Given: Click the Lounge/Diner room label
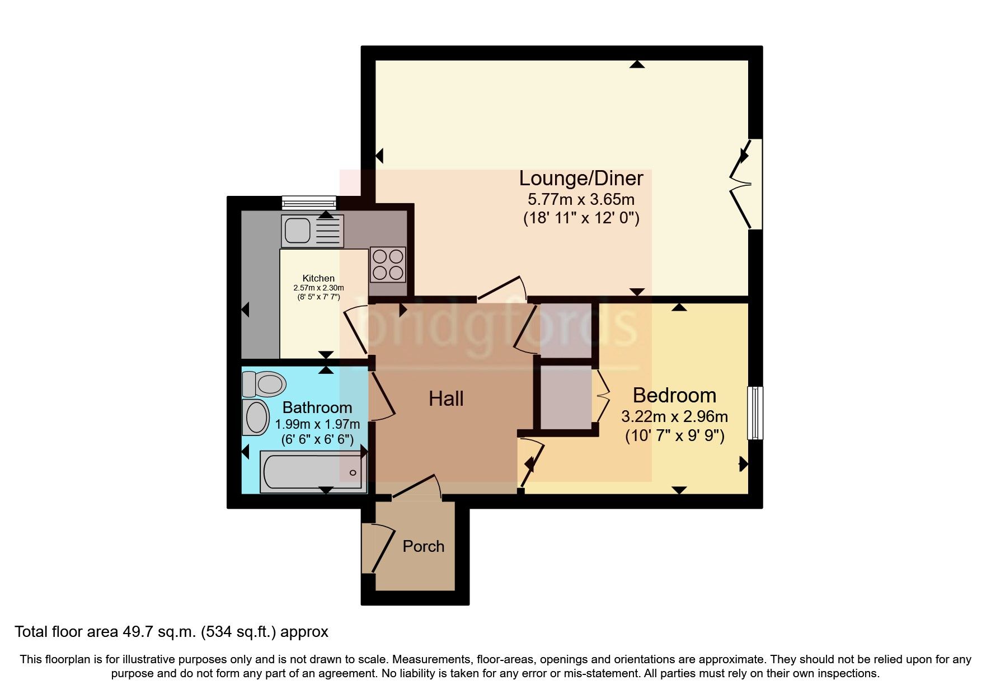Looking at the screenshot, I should pos(581,179).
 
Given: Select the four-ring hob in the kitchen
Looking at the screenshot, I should pos(388,264).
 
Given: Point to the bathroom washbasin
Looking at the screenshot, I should pos(256,417).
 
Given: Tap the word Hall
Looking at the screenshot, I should pos(446,399).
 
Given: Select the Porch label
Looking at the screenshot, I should pos(423,546).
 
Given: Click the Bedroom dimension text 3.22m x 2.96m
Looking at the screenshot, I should pos(674,416).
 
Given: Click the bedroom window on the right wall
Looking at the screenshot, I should pos(755,412).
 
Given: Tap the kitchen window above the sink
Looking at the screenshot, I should pos(309,201).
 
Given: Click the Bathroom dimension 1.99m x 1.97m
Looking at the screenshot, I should pos(317,424).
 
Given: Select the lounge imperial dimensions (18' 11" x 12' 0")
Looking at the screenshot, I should pos(581,218).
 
